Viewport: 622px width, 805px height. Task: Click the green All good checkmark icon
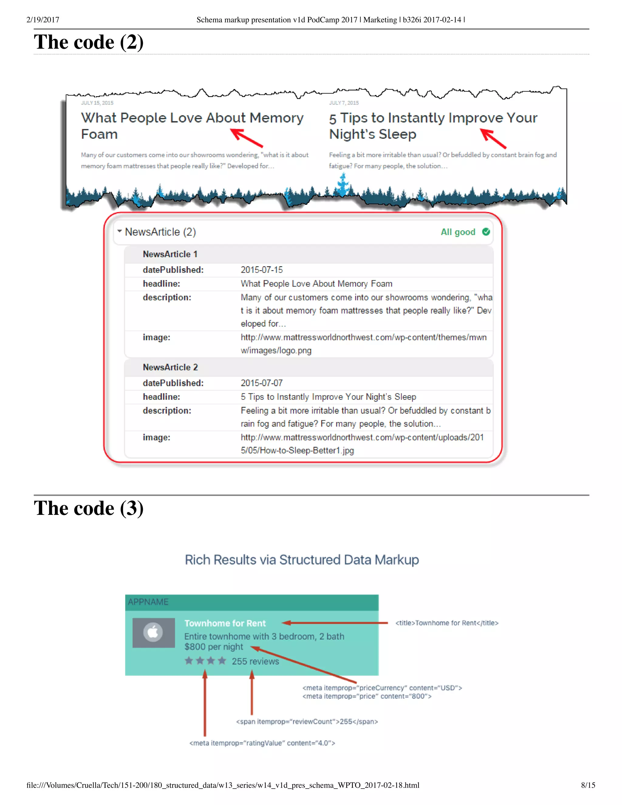pyautogui.click(x=486, y=232)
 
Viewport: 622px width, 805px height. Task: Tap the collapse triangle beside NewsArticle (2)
pyautogui.click(x=119, y=231)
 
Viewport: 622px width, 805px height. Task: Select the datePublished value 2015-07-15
pyautogui.click(x=261, y=270)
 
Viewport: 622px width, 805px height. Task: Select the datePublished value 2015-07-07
pyautogui.click(x=261, y=383)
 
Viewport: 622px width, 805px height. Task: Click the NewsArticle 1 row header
pyautogui.click(x=170, y=254)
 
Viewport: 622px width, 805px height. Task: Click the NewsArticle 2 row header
pyautogui.click(x=170, y=368)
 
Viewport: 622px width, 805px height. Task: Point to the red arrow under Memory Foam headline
pyautogui.click(x=246, y=138)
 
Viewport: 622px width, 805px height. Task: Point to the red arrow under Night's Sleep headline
pyautogui.click(x=494, y=139)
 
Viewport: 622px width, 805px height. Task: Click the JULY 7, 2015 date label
pyautogui.click(x=344, y=103)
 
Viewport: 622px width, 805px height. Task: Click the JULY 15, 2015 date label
pyautogui.click(x=97, y=103)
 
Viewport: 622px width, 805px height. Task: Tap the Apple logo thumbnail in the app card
pyautogui.click(x=153, y=632)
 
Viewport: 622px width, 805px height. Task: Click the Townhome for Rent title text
pyautogui.click(x=225, y=623)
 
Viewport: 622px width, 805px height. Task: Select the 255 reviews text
pyautogui.click(x=255, y=661)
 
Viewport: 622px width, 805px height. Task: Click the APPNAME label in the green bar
pyautogui.click(x=148, y=602)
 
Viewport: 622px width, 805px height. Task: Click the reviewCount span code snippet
pyautogui.click(x=307, y=721)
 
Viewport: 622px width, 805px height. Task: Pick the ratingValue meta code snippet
pyautogui.click(x=262, y=743)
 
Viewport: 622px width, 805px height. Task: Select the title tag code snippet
pyautogui.click(x=446, y=623)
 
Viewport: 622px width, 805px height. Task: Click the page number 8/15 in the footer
pyautogui.click(x=588, y=785)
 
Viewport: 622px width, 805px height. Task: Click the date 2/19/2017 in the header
pyautogui.click(x=43, y=20)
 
